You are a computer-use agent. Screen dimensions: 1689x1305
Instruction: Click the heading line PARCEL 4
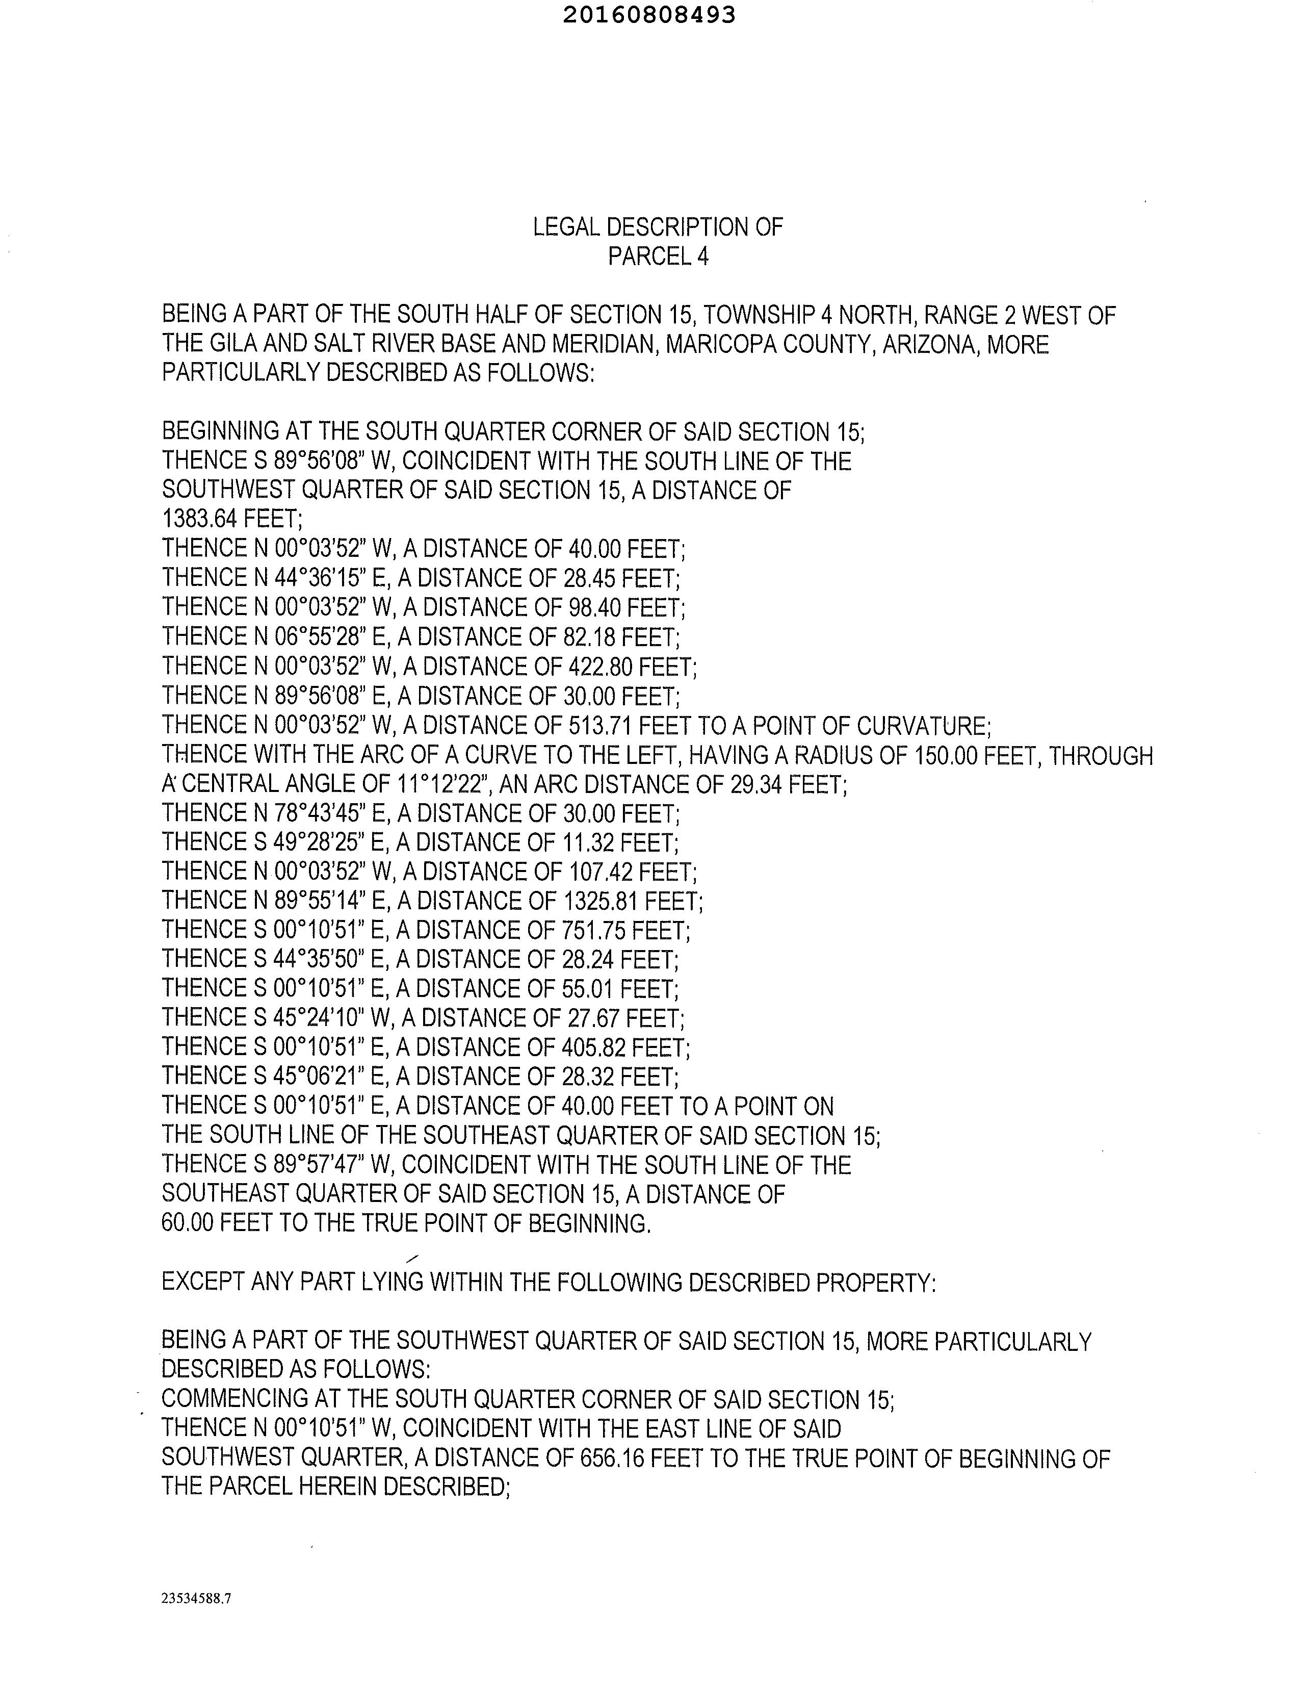pos(658,256)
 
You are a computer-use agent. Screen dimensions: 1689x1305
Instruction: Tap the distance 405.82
pos(591,1047)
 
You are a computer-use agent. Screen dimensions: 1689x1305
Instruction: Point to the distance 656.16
pos(611,1458)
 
